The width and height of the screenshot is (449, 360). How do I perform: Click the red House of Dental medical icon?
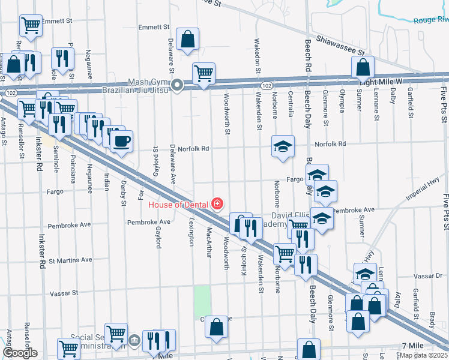pyautogui.click(x=217, y=205)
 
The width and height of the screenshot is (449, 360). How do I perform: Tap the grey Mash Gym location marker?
pyautogui.click(x=177, y=86)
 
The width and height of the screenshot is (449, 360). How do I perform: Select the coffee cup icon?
pyautogui.click(x=121, y=142)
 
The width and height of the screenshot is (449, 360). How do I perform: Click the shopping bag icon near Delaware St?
pyautogui.click(x=188, y=39)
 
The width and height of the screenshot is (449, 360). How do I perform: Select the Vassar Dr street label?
pyautogui.click(x=427, y=275)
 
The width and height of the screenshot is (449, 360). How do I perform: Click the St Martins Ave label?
pyautogui.click(x=71, y=260)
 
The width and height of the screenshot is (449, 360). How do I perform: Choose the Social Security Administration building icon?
pyautogui.click(x=134, y=340)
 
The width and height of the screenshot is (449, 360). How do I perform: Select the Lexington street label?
pyautogui.click(x=191, y=231)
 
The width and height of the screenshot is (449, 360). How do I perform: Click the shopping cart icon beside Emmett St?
pyautogui.click(x=31, y=26)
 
